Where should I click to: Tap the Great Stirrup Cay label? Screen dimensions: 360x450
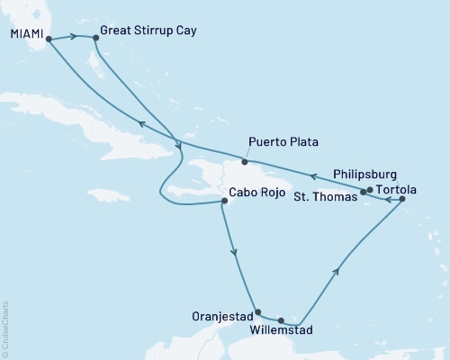click(x=148, y=30)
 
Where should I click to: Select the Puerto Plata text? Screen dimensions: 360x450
click(x=283, y=142)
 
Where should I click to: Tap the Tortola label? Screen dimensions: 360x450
click(x=399, y=191)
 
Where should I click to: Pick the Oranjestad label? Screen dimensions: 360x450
click(x=222, y=316)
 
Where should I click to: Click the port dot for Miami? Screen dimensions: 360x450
click(x=49, y=39)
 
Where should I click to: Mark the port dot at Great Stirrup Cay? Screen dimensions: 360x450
click(x=94, y=38)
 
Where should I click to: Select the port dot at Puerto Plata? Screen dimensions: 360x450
click(x=245, y=162)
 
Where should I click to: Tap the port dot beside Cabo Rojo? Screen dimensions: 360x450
click(x=223, y=202)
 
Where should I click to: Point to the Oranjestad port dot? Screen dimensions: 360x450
click(x=258, y=312)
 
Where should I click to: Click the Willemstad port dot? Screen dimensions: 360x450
click(x=282, y=319)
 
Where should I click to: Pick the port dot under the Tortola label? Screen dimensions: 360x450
click(x=401, y=199)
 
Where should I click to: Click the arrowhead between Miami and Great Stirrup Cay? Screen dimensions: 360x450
click(x=73, y=36)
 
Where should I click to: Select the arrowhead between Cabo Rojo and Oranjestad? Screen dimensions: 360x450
click(x=236, y=255)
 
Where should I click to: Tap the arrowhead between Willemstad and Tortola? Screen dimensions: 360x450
click(x=337, y=269)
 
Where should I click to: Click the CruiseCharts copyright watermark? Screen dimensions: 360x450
click(x=5, y=325)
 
